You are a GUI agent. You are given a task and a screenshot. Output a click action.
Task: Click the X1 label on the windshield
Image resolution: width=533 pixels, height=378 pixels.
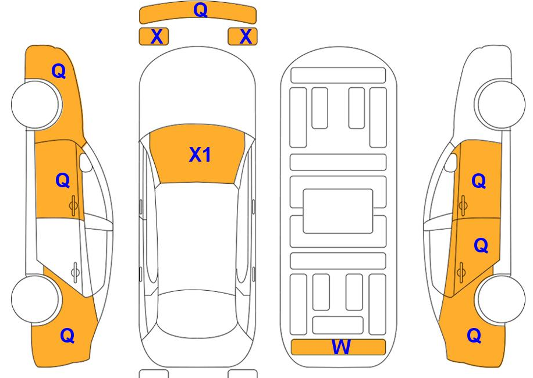tap(200, 155)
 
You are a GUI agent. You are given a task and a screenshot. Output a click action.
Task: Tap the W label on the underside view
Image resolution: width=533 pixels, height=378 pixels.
tap(341, 347)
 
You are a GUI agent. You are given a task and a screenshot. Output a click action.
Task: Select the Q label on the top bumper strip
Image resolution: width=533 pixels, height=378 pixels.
tap(201, 10)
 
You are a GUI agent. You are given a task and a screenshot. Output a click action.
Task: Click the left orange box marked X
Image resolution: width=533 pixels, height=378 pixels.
tap(154, 36)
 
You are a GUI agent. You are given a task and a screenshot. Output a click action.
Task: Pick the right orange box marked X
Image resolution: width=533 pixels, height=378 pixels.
tap(243, 36)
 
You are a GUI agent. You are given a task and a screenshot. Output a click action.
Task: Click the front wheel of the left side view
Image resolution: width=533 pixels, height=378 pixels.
tap(36, 104)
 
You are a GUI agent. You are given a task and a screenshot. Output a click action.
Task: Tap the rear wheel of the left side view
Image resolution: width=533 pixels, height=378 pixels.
tap(36, 299)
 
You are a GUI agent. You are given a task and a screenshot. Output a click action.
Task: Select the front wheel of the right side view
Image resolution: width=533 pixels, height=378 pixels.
tap(500, 104)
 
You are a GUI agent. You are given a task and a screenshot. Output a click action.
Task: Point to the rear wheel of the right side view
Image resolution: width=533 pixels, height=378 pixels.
tap(500, 299)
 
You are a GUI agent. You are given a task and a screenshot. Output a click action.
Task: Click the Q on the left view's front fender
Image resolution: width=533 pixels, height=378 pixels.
tap(58, 72)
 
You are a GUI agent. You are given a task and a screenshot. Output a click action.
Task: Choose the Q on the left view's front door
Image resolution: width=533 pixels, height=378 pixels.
tap(62, 180)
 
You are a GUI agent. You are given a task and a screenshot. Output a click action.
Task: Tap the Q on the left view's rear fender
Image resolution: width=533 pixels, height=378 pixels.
tap(67, 336)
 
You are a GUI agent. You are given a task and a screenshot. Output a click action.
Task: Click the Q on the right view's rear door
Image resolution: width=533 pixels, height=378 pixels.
tap(481, 245)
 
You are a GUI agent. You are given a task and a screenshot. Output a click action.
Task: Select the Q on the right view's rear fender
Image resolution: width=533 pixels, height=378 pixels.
tap(474, 336)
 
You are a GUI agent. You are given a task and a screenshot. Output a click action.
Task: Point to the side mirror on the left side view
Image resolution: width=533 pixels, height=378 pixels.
tap(86, 163)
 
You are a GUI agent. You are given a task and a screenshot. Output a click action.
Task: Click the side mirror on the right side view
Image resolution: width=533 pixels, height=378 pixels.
tap(450, 163)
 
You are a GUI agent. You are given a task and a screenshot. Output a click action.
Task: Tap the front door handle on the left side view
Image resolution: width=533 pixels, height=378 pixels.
tap(73, 205)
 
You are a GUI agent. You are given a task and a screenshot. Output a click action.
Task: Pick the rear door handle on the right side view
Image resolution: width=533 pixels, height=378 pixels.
tap(461, 272)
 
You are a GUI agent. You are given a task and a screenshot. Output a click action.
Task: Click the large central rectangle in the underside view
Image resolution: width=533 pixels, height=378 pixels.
tap(338, 211)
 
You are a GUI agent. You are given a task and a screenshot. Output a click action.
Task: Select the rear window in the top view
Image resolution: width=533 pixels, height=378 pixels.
tap(197, 314)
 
